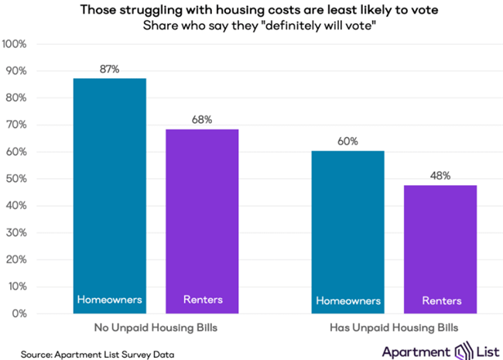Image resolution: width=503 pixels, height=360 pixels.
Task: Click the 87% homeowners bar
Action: tap(110, 194)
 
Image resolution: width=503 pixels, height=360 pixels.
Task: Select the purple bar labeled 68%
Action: tap(203, 217)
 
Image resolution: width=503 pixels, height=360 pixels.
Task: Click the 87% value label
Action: tap(110, 69)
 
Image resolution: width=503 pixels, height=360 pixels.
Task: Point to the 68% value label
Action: tap(203, 120)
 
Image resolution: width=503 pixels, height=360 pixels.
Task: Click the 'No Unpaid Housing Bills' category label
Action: tap(156, 327)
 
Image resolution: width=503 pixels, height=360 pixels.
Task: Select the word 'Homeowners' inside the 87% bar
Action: tap(110, 300)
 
